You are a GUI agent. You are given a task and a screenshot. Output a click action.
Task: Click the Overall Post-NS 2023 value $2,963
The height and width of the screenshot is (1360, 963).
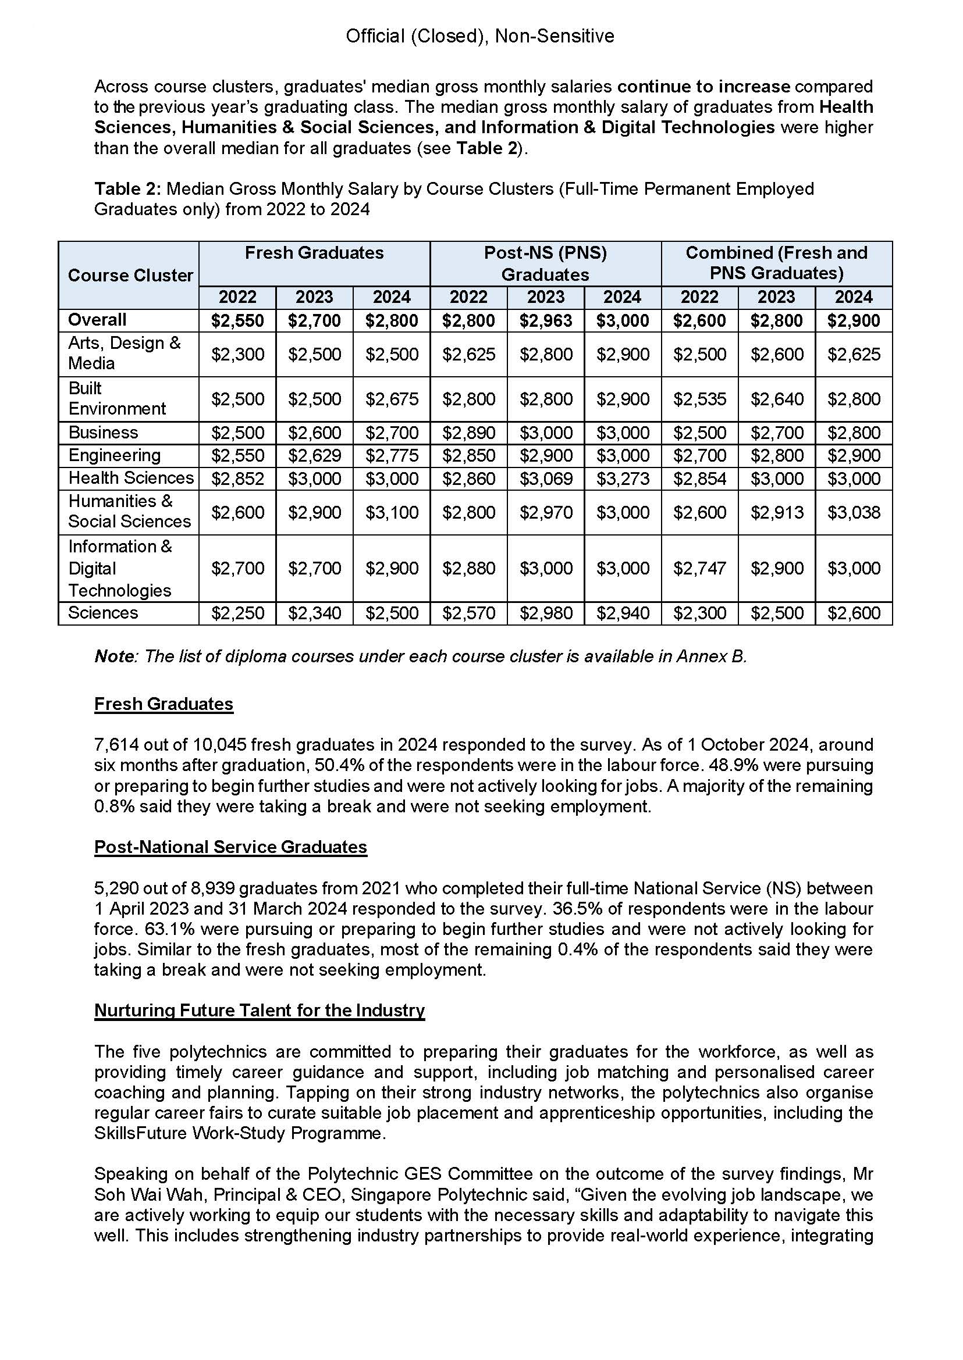pos(546,320)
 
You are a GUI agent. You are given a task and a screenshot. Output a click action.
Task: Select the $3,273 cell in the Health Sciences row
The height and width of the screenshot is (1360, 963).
pos(623,478)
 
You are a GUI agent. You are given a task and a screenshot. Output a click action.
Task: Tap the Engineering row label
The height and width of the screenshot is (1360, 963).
pos(115,455)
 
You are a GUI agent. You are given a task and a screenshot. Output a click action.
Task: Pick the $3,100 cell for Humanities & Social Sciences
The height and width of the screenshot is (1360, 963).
pos(392,512)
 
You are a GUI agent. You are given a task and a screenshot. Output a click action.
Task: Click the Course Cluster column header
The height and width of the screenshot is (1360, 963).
pos(130,275)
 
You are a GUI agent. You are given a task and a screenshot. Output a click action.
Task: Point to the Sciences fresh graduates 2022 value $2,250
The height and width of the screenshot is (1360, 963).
pos(238,613)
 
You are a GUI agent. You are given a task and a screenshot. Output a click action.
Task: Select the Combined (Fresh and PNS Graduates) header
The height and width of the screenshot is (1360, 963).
pos(776,262)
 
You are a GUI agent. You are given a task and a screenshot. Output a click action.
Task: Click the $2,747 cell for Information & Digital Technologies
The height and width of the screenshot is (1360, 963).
pos(700,568)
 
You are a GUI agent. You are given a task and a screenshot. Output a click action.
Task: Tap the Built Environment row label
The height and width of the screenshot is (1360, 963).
pos(117,398)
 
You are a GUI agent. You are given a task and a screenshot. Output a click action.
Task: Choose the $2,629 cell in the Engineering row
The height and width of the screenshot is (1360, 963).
pos(314,455)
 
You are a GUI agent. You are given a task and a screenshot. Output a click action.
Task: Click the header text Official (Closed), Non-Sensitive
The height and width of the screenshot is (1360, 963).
pos(479,36)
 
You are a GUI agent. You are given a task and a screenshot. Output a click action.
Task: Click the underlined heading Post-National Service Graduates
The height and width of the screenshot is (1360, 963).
pos(230,847)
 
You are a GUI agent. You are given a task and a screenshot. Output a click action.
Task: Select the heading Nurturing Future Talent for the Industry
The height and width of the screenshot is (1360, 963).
pos(259,1010)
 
